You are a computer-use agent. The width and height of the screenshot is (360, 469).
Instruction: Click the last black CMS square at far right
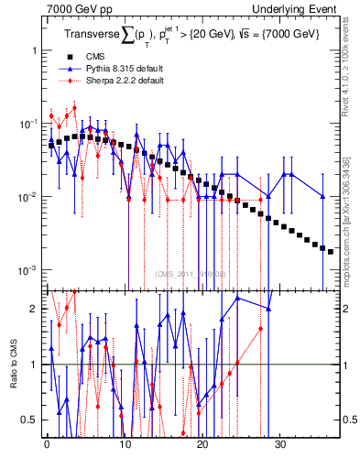coord(331,250)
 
